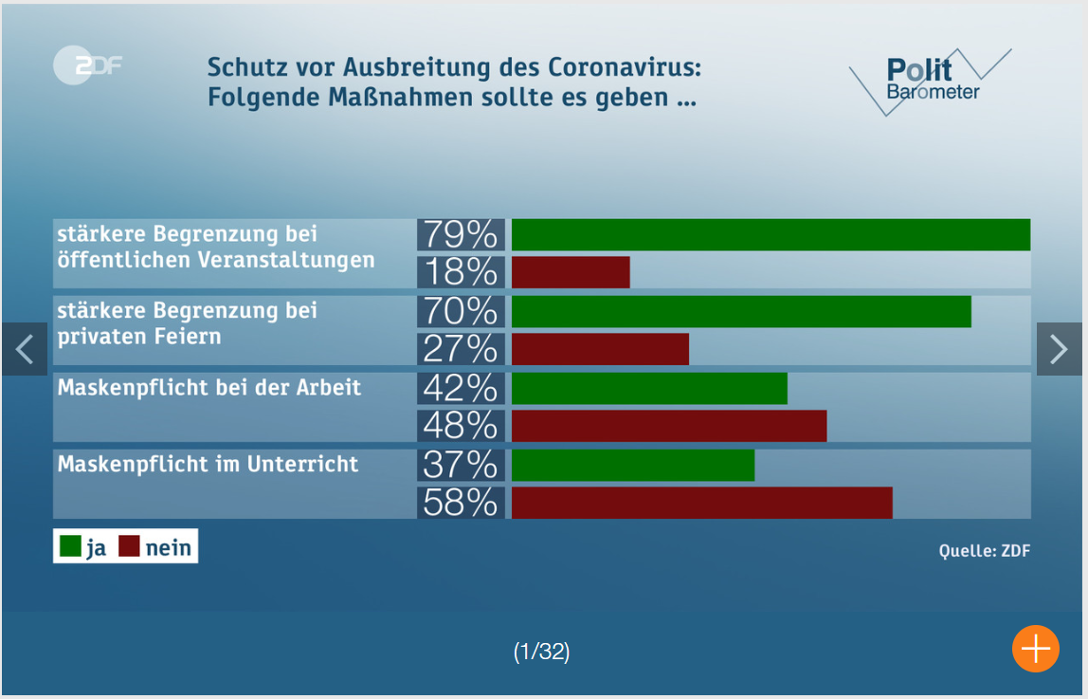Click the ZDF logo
coord(87,65)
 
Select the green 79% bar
coord(770,235)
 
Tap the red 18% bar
coord(571,272)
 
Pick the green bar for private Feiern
coord(740,312)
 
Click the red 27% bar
coord(600,349)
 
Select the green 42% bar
coord(649,389)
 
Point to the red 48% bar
coord(669,426)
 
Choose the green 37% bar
coord(633,466)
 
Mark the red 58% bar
coord(701,503)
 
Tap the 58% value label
coord(461,503)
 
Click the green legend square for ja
coord(70,546)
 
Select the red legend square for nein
coord(129,546)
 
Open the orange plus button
coord(1035,649)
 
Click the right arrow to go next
coord(1060,349)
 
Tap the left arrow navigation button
coord(25,349)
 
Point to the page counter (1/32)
coord(542,652)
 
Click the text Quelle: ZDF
coord(984,551)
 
